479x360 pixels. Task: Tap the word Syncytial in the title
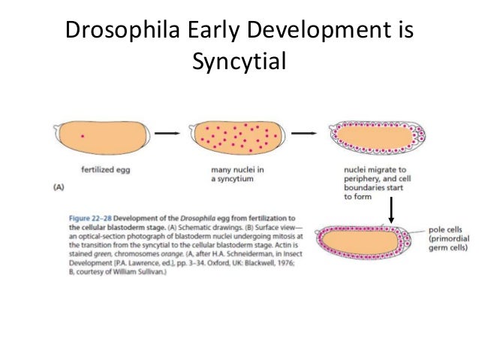point(239,61)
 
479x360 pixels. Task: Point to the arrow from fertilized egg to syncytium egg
point(170,134)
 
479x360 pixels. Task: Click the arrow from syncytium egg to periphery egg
point(303,134)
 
